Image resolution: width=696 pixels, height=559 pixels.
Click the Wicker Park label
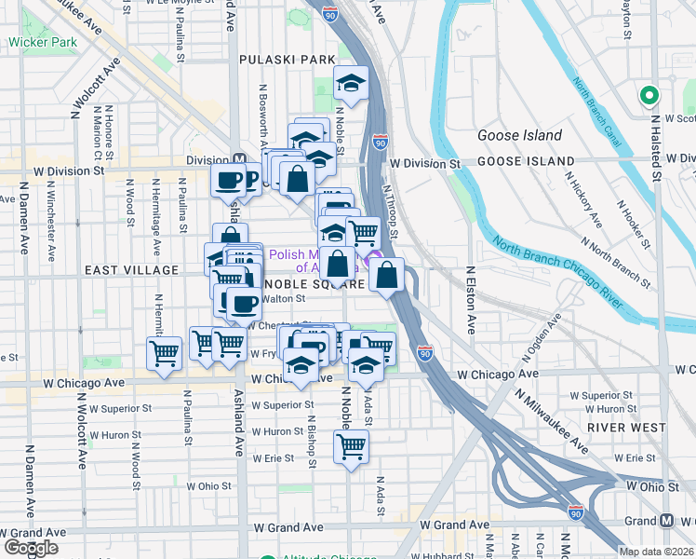pyautogui.click(x=43, y=42)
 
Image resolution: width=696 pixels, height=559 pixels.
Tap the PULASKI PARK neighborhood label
pyautogui.click(x=287, y=60)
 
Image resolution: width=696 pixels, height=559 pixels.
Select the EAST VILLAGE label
pyautogui.click(x=131, y=269)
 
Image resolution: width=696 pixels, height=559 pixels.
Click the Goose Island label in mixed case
pyautogui.click(x=519, y=135)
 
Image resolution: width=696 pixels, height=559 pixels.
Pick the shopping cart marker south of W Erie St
pyautogui.click(x=351, y=446)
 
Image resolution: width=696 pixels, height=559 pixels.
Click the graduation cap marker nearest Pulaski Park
pyautogui.click(x=351, y=84)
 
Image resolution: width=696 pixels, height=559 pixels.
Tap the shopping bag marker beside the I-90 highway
pyautogui.click(x=386, y=275)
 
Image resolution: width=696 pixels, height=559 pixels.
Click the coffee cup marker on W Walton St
pyautogui.click(x=244, y=303)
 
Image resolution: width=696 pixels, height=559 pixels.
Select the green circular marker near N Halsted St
pyautogui.click(x=648, y=95)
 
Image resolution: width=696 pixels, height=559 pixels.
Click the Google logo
pyautogui.click(x=31, y=548)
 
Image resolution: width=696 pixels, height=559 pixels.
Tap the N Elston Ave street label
pyautogui.click(x=470, y=301)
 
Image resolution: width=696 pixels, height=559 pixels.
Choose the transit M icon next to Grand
pyautogui.click(x=668, y=520)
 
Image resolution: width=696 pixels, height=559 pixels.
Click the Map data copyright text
pyautogui.click(x=655, y=552)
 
